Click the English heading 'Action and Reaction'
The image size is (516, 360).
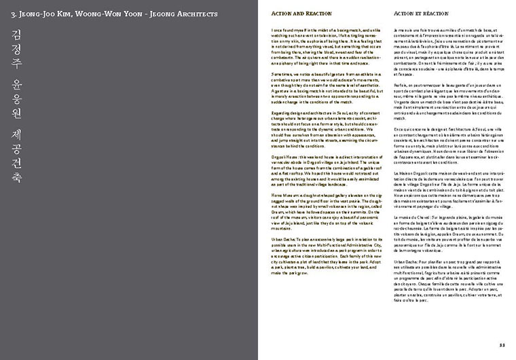[294, 14]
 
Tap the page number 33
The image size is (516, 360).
[502, 345]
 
